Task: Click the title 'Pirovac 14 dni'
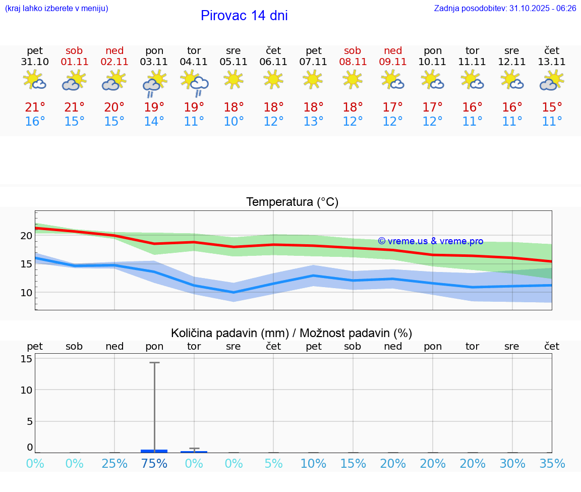coord(244,16)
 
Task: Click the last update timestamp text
coord(505,9)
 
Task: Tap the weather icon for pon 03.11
coord(154,83)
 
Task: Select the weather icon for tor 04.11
coord(194,83)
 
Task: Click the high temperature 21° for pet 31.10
coord(35,107)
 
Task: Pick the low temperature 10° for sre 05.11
coord(234,122)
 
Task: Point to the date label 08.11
coord(353,62)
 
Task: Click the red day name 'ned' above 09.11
coord(393,50)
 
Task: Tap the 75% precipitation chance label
coord(154,464)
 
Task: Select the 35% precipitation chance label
coord(552,464)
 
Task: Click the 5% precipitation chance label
coord(273,464)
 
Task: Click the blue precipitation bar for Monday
coord(154,451)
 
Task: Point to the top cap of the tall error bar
coord(154,362)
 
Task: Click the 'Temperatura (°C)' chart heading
coord(292,202)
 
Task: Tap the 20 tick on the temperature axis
coord(27,236)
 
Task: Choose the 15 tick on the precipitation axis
coord(27,359)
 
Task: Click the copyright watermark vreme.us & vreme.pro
coord(430,241)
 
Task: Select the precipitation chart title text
coord(292,333)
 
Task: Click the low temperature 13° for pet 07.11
coord(313,122)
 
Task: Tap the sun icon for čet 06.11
coord(273,79)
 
